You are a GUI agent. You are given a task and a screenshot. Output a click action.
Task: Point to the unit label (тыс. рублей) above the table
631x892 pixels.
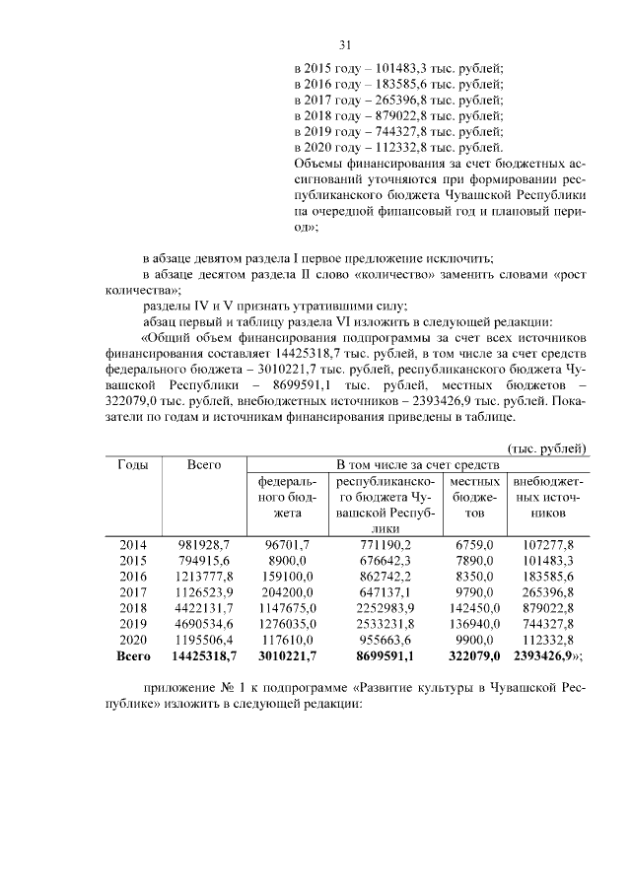coord(546,447)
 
